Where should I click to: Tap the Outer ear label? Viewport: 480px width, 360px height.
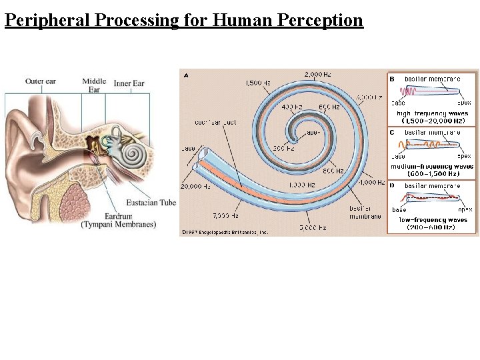[41, 82]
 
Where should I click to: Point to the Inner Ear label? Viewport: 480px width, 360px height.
[129, 83]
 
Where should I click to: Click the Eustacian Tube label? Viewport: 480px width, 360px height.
[151, 202]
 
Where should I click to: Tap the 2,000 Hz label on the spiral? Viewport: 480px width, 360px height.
[317, 73]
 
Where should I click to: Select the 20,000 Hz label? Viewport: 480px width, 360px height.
[195, 186]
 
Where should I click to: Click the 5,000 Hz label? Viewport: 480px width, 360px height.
[312, 227]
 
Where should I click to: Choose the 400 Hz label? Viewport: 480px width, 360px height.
[291, 107]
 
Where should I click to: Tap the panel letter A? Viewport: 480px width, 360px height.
[185, 75]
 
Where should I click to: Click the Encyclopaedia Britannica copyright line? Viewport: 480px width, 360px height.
[225, 233]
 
